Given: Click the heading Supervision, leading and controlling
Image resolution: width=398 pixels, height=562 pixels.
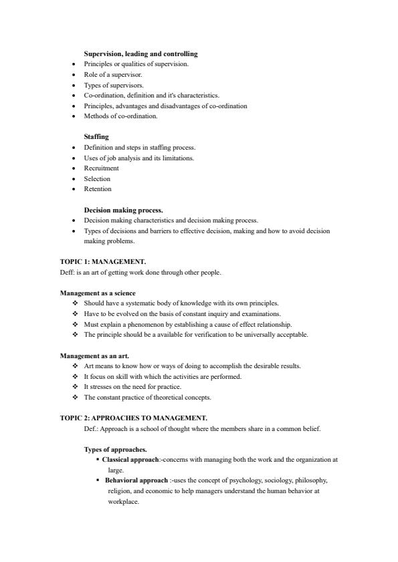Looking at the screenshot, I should point(140,53).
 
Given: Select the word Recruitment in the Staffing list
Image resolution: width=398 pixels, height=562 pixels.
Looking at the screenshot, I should point(101,168).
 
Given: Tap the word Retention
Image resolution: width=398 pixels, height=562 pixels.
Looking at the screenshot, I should point(98,189).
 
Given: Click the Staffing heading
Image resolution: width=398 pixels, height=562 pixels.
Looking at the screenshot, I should point(96,137).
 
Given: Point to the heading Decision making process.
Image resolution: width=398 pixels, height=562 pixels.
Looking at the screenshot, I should point(123,210).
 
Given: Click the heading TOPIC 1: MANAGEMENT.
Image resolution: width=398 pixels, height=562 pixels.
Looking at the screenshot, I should point(103,261).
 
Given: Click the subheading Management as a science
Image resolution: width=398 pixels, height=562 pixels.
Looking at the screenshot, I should point(98,293).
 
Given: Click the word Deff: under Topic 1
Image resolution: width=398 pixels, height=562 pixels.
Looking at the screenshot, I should point(68,272).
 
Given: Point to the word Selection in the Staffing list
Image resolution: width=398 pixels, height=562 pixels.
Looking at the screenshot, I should point(97,178).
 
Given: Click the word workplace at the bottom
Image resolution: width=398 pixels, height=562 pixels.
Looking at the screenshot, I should point(123,502).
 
